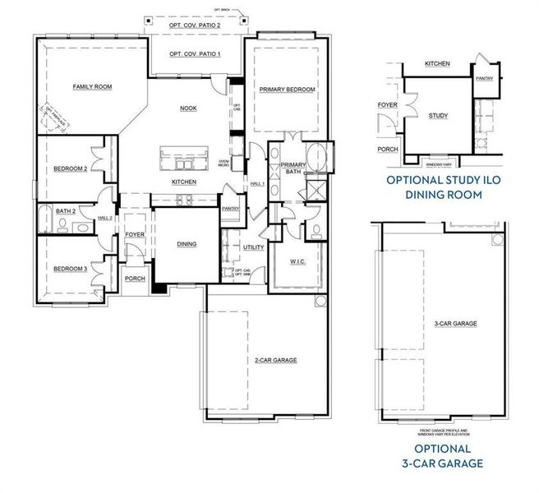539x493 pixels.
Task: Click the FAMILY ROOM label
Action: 91,86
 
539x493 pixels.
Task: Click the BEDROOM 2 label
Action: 70,168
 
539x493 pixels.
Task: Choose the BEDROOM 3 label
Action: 70,269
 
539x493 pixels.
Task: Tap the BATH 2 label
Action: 66,211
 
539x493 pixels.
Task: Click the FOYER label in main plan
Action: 134,235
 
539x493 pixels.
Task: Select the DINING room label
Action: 187,243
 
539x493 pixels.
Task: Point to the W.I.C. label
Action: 296,263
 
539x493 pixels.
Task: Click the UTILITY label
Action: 252,246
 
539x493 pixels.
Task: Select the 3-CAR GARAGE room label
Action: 456,324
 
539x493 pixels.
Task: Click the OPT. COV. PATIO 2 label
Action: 194,25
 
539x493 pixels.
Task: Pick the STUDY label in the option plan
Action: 438,116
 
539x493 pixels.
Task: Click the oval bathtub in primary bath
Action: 316,155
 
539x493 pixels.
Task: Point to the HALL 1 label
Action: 256,183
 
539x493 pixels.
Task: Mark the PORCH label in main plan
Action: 136,279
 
